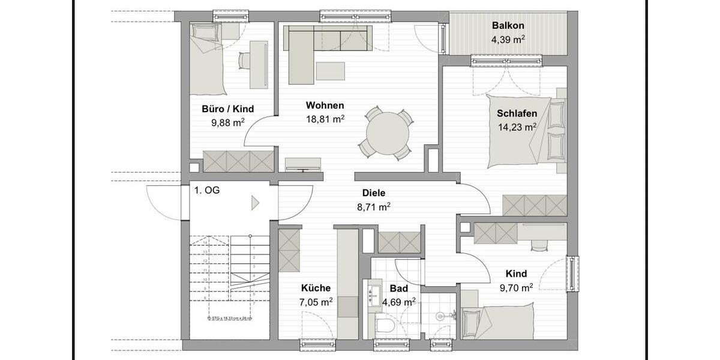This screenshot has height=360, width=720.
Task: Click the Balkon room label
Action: tap(508, 26)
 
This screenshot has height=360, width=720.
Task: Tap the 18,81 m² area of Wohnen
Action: tap(325, 119)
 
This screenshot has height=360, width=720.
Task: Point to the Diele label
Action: tap(373, 193)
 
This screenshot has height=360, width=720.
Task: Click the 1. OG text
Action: tap(206, 191)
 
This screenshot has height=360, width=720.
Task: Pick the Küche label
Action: tap(316, 289)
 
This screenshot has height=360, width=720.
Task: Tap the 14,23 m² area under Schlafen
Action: tap(517, 127)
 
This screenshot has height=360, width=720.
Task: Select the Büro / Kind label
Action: tap(227, 109)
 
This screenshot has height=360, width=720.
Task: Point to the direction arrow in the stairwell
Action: tap(255, 203)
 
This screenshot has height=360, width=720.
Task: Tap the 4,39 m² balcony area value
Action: tap(508, 40)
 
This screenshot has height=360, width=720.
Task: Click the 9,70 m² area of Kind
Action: tap(515, 288)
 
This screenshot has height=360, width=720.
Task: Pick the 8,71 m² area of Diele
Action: tap(373, 207)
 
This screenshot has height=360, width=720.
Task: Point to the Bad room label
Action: tap(398, 289)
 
